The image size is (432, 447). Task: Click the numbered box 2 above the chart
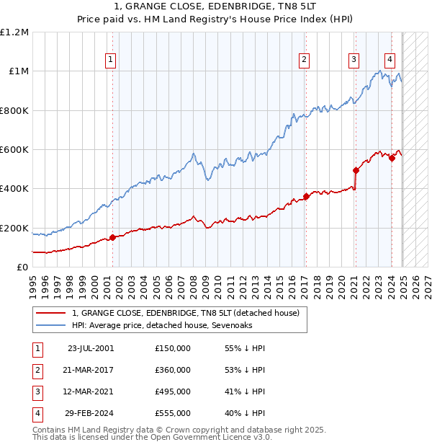[x=305, y=60]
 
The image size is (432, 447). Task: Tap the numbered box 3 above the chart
[x=354, y=60]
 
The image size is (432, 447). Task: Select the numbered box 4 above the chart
[x=390, y=60]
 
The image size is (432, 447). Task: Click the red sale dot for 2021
[x=356, y=171]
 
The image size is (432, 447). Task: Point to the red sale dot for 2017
[x=307, y=196]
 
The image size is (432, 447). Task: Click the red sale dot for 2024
[x=392, y=159]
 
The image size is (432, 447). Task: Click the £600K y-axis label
[x=14, y=150]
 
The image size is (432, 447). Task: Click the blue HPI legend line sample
[x=50, y=324]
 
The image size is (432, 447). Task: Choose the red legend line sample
[x=50, y=312]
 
